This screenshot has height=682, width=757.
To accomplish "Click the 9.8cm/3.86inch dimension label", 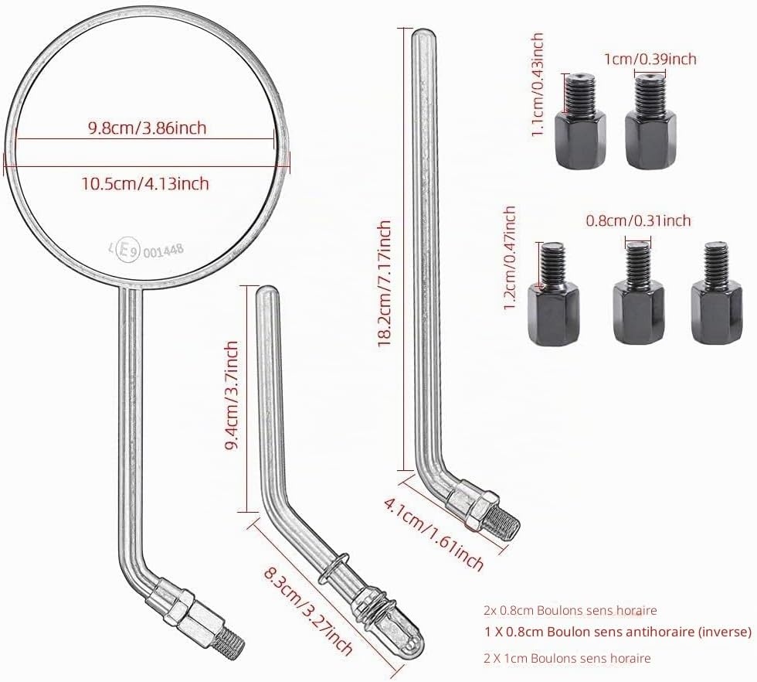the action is (x=147, y=128).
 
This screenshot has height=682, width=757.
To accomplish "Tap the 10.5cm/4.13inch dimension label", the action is (x=145, y=184).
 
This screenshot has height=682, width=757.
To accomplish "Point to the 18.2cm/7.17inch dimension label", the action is (x=385, y=284).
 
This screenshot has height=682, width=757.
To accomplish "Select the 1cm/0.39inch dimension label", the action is (x=650, y=59).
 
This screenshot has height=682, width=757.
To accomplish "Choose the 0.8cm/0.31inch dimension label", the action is (x=638, y=221).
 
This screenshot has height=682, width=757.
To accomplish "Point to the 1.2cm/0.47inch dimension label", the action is (x=509, y=259).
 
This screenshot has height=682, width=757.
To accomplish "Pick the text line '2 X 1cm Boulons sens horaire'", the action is (x=567, y=658).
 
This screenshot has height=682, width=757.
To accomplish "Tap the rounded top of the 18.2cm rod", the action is (x=423, y=35).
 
